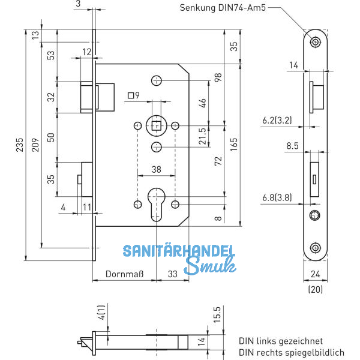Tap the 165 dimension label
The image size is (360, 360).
tap(234, 144)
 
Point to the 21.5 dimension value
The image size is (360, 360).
tap(202, 136)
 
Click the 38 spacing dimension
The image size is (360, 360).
tap(156, 170)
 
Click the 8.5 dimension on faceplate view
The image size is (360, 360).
tap(292, 146)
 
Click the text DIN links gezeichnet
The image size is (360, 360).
tap(280, 340)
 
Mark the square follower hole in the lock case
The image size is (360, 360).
tap(156, 126)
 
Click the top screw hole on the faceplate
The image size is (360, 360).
tap(315, 42)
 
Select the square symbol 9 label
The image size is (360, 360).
tap(133, 95)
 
